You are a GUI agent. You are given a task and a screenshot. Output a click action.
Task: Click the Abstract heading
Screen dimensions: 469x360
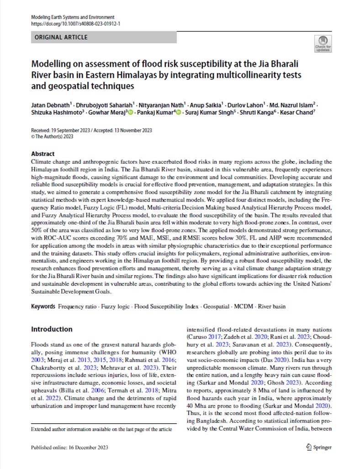42,154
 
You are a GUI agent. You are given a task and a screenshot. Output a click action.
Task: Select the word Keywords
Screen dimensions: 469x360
43,306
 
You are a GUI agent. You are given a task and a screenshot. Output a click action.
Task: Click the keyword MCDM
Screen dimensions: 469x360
242,306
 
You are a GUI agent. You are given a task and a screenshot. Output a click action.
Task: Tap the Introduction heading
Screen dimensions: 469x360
52,329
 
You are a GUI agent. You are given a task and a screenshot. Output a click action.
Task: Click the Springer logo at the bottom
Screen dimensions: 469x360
318,447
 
